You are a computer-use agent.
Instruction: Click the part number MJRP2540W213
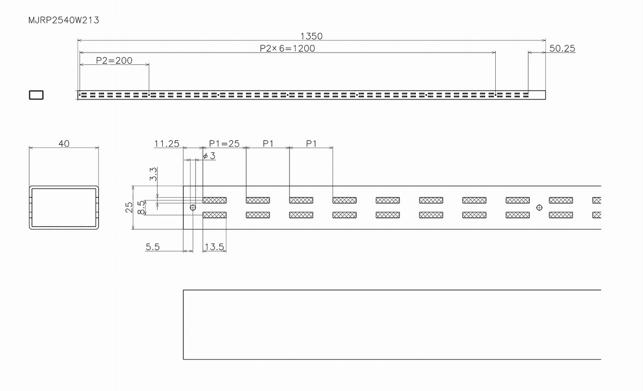click(x=64, y=21)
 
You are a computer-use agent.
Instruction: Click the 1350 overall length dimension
click(x=311, y=36)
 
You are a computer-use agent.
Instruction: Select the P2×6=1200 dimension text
click(x=287, y=48)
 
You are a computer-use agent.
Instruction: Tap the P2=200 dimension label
click(x=114, y=60)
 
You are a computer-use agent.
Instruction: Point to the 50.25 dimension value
click(x=562, y=48)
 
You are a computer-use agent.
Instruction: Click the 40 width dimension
click(x=64, y=144)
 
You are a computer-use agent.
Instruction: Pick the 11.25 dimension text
click(x=167, y=144)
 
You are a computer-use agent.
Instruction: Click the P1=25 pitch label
click(x=224, y=144)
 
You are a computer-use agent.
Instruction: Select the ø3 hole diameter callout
click(x=209, y=156)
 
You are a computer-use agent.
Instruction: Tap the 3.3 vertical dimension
click(x=153, y=174)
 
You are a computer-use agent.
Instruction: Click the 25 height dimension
click(x=129, y=207)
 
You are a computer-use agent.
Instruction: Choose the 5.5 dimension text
click(x=152, y=247)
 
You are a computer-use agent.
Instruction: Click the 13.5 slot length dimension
click(x=214, y=247)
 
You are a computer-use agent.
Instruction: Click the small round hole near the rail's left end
click(x=193, y=208)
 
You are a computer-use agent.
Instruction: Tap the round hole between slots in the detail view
click(x=539, y=208)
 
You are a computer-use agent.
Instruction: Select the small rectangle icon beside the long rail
click(x=36, y=95)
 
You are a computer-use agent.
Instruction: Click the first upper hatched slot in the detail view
click(x=215, y=200)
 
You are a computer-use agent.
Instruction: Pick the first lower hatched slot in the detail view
click(x=215, y=215)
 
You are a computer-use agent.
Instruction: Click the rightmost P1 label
click(x=311, y=144)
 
